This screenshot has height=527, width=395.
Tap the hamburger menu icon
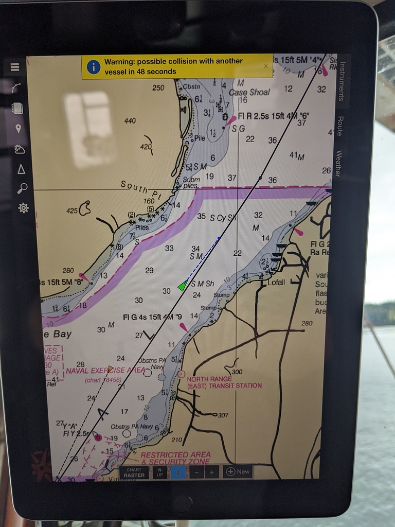tap(14, 67)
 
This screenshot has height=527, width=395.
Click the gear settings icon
tap(23, 208)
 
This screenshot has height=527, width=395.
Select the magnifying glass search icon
tap(22, 188)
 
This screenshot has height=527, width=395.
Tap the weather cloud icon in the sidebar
tap(20, 149)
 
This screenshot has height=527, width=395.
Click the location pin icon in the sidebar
tap(19, 128)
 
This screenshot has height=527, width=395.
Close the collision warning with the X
tap(266, 66)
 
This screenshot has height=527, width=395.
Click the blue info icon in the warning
tap(93, 66)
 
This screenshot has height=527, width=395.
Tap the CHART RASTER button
tap(134, 472)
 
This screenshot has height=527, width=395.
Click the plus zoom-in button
tap(211, 472)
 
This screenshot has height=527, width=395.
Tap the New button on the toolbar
tap(238, 471)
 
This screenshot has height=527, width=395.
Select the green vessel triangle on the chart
tap(182, 286)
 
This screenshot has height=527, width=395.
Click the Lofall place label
tap(276, 282)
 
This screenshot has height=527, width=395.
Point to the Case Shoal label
tap(249, 92)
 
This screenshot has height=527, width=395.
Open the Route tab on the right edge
tap(339, 126)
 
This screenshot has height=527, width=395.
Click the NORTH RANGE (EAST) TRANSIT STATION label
tap(224, 382)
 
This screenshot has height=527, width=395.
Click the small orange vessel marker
tap(111, 368)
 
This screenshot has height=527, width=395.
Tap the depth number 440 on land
tap(130, 121)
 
